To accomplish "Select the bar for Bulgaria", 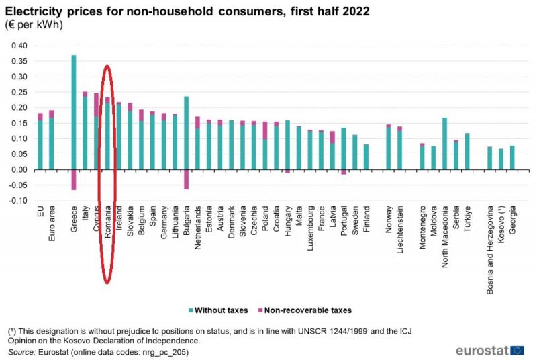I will tap(186, 134).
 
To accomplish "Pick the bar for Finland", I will tap(366, 156).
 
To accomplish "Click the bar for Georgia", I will tap(512, 157).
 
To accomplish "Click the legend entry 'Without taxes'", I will tap(224, 310).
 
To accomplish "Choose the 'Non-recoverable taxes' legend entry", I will tap(308, 310).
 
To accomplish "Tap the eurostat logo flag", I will tap(517, 350).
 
